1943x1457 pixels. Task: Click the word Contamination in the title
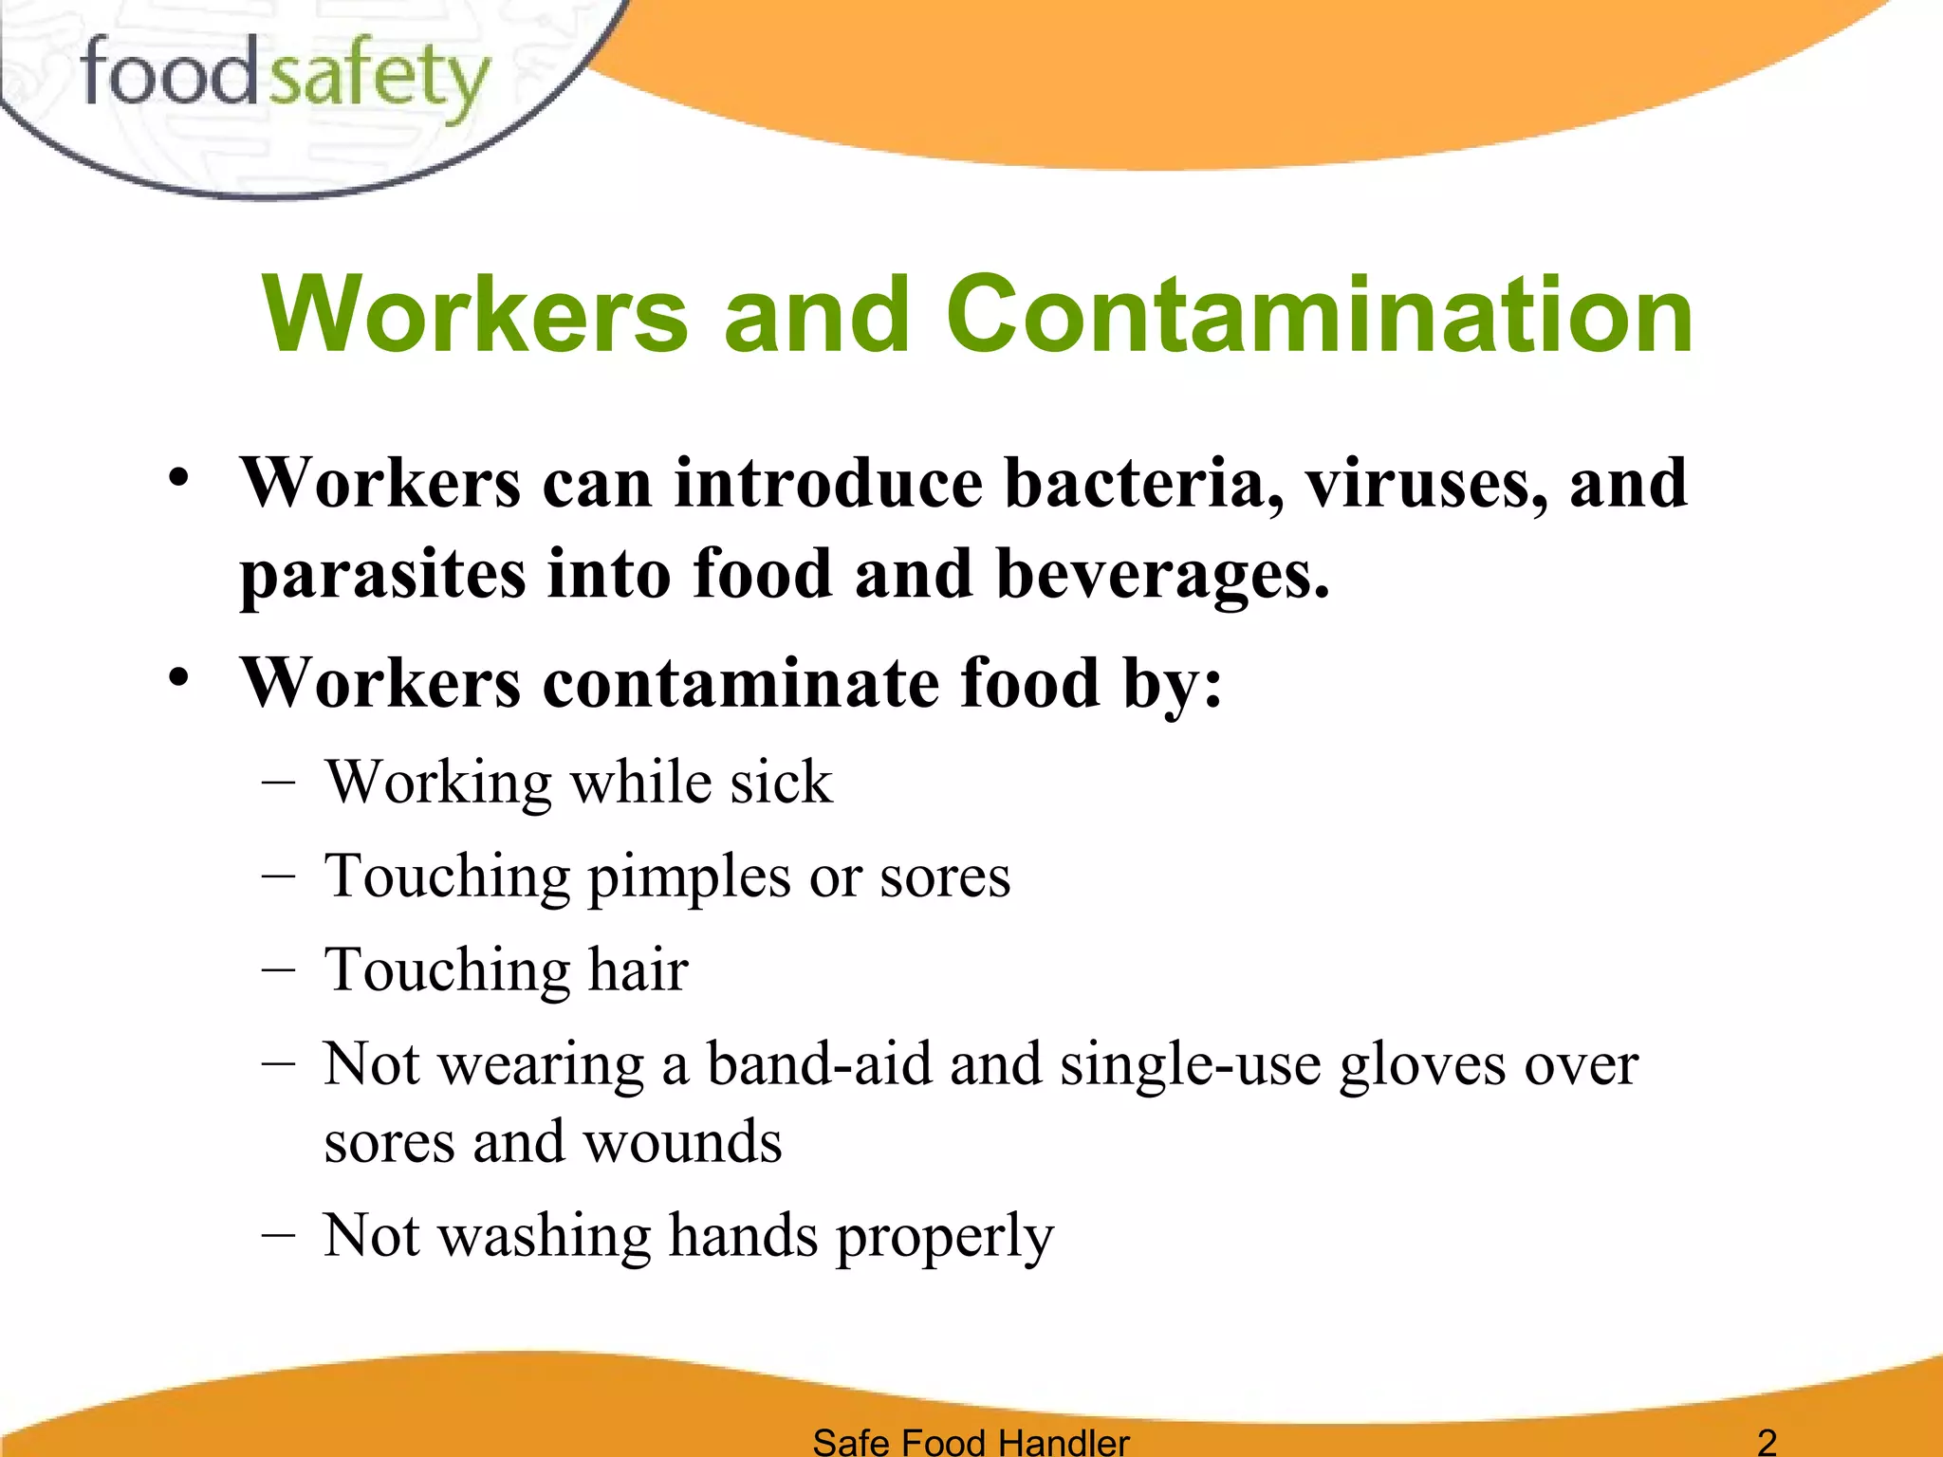(x=1319, y=315)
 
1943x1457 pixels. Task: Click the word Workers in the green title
(x=474, y=315)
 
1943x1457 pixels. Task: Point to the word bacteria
(x=1138, y=483)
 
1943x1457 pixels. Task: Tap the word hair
(x=638, y=970)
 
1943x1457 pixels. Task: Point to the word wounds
(x=683, y=1141)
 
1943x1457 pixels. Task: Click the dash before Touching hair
(x=277, y=969)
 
